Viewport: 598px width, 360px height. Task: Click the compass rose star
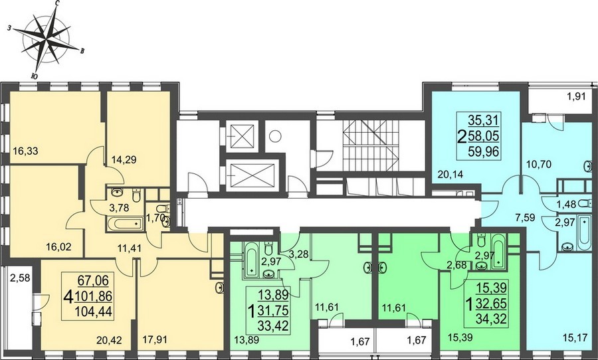pos(46,39)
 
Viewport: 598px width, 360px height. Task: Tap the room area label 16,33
pos(25,151)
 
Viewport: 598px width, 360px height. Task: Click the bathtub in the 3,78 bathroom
pos(125,225)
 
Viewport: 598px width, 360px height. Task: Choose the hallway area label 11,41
pos(130,249)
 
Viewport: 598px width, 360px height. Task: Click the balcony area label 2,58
pos(20,278)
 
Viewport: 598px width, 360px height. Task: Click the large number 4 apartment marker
pos(69,297)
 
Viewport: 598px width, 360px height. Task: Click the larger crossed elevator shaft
pos(250,175)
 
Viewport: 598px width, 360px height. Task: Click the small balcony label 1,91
pos(576,97)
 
